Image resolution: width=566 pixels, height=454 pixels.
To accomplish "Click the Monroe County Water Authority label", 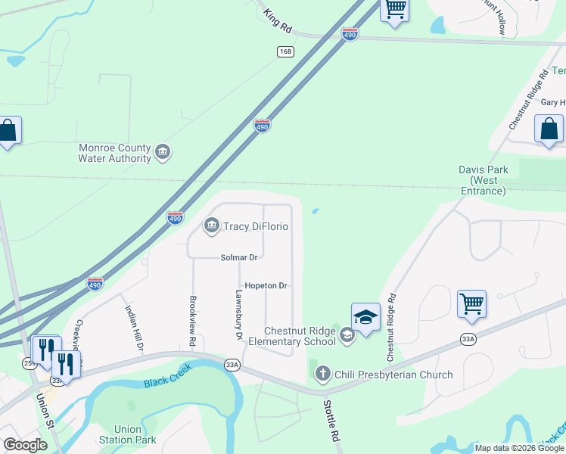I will (x=114, y=154).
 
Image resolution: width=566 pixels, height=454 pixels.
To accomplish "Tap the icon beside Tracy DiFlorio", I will (x=211, y=225).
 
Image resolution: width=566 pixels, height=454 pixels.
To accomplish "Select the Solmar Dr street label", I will (x=239, y=258).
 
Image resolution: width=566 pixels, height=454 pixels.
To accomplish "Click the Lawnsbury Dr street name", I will (x=238, y=315).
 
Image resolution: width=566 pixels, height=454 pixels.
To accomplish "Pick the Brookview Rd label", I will (x=193, y=322).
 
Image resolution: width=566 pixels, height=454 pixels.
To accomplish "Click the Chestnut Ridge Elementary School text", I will (x=300, y=336).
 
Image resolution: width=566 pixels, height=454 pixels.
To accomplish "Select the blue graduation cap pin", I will (x=365, y=317).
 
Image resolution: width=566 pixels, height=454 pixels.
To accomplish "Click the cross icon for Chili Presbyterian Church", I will (x=323, y=373).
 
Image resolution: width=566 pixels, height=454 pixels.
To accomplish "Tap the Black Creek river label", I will (x=168, y=376).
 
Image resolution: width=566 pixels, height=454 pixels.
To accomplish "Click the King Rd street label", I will (x=278, y=21).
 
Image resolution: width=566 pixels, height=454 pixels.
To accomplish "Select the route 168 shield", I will (x=285, y=51).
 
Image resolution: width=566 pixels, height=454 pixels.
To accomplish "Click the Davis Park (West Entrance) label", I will (x=483, y=180).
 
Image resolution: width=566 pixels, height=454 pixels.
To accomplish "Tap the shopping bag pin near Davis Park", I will (x=549, y=129).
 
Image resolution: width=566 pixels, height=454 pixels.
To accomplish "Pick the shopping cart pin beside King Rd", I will (x=395, y=9).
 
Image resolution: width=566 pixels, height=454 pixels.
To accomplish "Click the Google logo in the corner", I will (x=25, y=445).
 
